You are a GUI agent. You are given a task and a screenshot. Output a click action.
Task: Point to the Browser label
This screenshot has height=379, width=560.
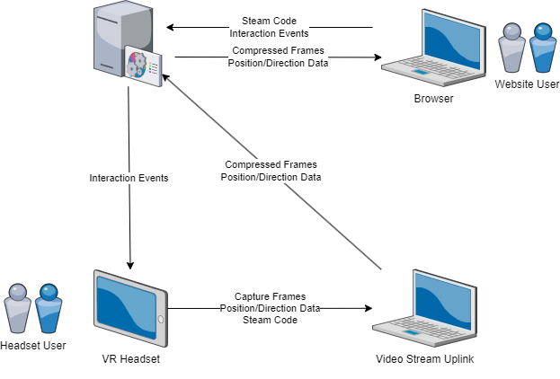[x=433, y=99]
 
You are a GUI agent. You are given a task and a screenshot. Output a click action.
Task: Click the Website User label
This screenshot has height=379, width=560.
[x=527, y=84]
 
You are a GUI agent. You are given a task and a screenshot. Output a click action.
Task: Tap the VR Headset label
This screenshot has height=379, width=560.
[x=130, y=359]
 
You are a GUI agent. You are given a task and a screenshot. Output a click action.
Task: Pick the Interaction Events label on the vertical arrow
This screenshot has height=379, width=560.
[x=129, y=178]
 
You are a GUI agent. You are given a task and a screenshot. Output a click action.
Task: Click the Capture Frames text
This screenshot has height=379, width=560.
[x=270, y=296]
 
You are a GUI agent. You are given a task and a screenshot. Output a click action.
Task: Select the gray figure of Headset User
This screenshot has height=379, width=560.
[x=18, y=310]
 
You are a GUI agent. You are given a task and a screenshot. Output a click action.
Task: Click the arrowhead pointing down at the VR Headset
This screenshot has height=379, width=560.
[x=130, y=264]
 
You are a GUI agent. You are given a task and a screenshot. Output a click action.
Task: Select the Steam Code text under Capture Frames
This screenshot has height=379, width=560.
[x=270, y=320]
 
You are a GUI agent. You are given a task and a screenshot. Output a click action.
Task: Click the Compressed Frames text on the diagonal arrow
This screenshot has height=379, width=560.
[x=270, y=165]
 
